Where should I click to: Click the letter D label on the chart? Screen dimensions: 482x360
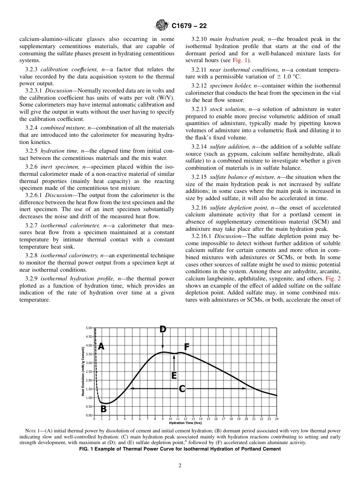click(x=163, y=329)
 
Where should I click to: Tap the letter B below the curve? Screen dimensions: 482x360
click(x=103, y=409)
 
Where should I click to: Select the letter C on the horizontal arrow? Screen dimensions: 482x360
click(x=182, y=389)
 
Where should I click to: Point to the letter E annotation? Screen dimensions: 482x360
click(x=174, y=376)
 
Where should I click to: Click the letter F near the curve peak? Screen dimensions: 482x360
click(x=186, y=347)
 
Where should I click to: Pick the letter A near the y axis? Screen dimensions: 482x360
click(x=101, y=346)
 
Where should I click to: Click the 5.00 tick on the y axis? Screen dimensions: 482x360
click(x=89, y=327)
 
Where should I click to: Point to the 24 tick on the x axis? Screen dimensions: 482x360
click(x=277, y=419)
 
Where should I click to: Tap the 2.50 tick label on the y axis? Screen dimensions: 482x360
click(x=89, y=371)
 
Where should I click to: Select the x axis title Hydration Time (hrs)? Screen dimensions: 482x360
click(x=185, y=423)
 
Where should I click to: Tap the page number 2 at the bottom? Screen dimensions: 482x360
click(x=180, y=466)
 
